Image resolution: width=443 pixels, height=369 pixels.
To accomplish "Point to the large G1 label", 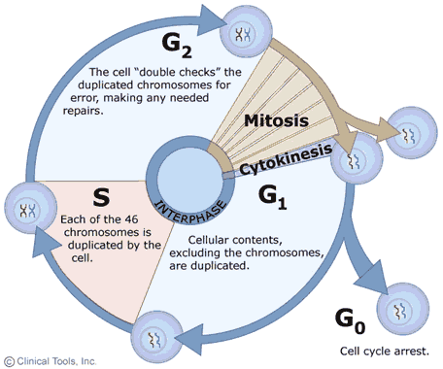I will point(276,198).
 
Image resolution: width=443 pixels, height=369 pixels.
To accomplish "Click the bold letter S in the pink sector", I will point(99,198).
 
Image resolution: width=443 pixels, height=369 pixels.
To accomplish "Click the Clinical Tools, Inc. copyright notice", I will point(50,360).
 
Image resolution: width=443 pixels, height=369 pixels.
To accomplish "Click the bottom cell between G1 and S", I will point(154,337).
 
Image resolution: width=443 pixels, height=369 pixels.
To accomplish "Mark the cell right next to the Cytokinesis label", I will point(353,161).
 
